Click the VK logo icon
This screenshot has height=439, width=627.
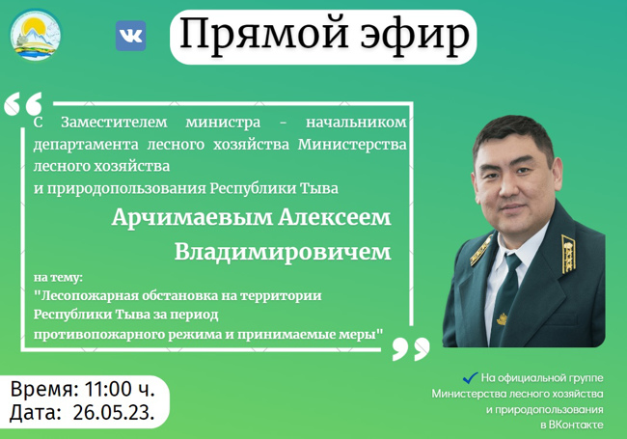[x=131, y=36]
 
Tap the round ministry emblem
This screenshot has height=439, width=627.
[x=35, y=35]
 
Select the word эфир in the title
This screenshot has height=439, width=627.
[x=415, y=37]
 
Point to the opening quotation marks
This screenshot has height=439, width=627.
[x=23, y=103]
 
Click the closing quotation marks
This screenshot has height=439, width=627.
[x=411, y=348]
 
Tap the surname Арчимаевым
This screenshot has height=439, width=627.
[x=192, y=218]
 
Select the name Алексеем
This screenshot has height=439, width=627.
[x=335, y=218]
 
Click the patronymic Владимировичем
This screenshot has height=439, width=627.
[x=283, y=252]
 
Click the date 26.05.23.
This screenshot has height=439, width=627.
[x=114, y=413]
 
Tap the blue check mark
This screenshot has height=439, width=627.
[x=471, y=377]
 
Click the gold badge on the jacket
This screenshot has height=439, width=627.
[x=502, y=319]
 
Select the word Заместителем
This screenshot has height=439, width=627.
[x=114, y=123]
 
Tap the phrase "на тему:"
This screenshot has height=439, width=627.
[x=58, y=277]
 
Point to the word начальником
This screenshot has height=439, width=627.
[x=356, y=123]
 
